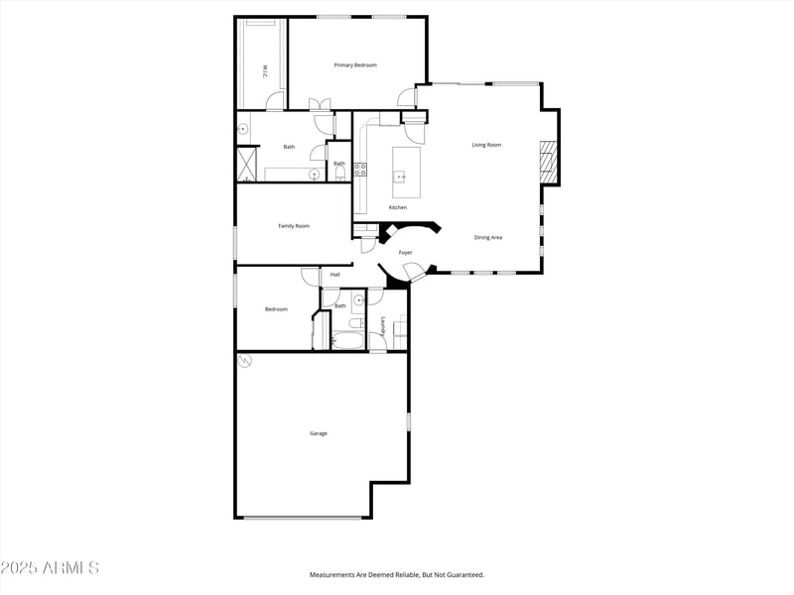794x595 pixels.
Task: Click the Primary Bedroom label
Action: tap(355, 65)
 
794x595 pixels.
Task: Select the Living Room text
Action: tap(486, 145)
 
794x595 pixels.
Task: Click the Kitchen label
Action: tap(398, 207)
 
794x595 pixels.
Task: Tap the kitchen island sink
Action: tap(402, 178)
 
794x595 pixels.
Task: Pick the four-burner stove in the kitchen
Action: tap(360, 170)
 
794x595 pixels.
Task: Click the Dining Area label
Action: tap(488, 237)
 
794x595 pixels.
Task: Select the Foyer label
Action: tap(406, 253)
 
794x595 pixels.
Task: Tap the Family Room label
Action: tap(294, 226)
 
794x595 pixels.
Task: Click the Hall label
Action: tap(335, 275)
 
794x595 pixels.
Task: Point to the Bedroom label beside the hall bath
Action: tap(276, 309)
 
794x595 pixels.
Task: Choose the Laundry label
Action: tap(383, 324)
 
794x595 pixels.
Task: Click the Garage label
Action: tap(319, 433)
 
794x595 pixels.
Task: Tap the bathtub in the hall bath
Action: tap(348, 342)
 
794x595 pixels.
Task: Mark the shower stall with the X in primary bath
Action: tap(246, 165)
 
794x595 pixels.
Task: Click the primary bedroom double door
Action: tap(321, 104)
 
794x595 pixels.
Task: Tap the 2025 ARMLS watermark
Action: tap(50, 568)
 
